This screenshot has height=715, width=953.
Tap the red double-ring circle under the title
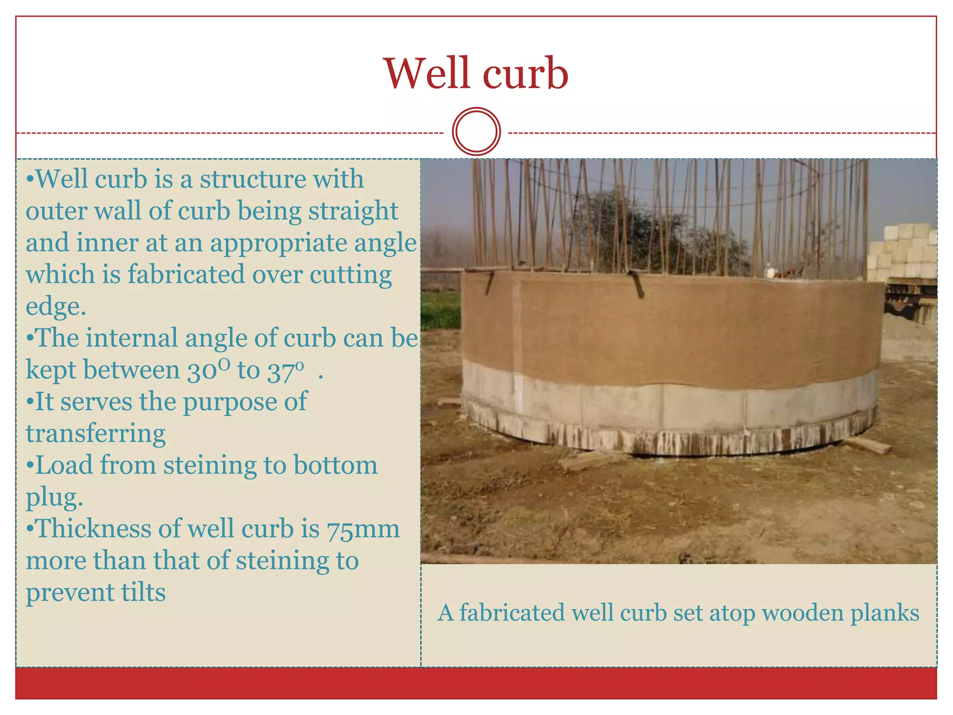point(476,131)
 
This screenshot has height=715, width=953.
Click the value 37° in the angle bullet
point(285,371)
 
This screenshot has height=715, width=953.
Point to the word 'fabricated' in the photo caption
point(511,613)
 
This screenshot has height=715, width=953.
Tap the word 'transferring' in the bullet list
point(95,434)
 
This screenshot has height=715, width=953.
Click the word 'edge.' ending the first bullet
point(56,307)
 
